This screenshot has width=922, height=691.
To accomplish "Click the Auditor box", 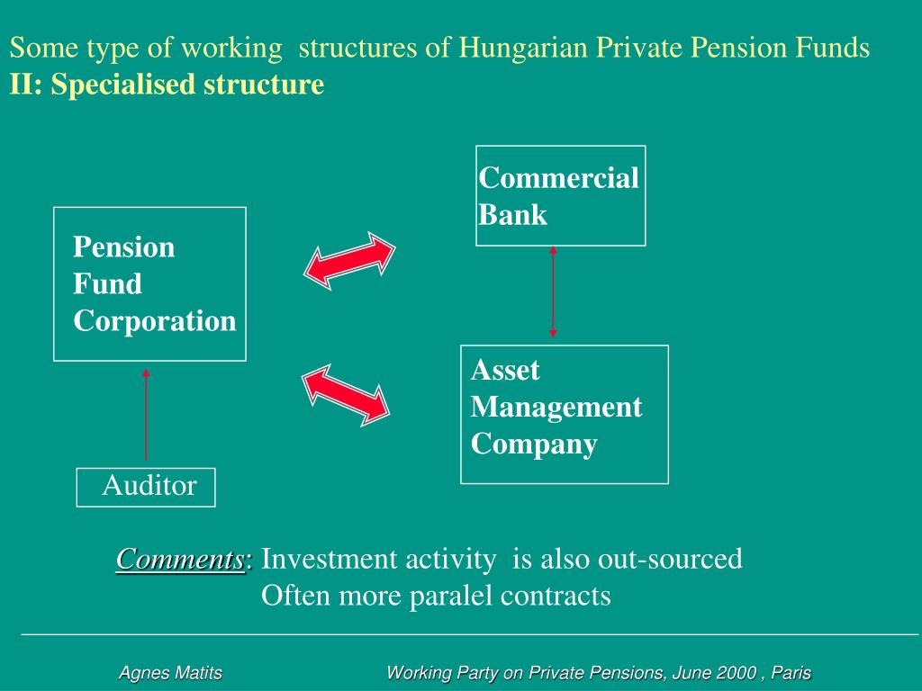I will click(x=146, y=487).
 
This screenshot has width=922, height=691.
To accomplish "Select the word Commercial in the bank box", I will click(x=558, y=178).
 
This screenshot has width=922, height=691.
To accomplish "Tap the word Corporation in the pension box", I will click(x=155, y=321).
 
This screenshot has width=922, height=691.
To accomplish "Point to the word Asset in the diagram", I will click(x=505, y=370).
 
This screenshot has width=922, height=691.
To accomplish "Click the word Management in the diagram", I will click(x=556, y=408).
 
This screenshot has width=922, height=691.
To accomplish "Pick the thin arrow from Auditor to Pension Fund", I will click(x=146, y=414).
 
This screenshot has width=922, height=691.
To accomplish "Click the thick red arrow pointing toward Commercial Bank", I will click(x=349, y=261).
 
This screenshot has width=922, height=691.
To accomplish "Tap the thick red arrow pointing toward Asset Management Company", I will click(x=346, y=394).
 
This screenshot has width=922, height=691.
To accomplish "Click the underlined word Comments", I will click(x=180, y=560).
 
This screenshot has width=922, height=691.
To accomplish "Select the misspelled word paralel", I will click(x=452, y=596).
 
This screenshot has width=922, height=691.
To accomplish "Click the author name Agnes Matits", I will click(x=171, y=673).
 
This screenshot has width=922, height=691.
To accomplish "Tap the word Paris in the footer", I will click(x=792, y=673).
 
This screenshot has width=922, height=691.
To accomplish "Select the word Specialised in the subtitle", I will click(x=123, y=85).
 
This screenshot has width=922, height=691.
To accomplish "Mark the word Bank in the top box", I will click(x=512, y=215).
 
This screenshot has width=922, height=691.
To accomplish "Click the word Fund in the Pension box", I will click(x=107, y=284).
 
